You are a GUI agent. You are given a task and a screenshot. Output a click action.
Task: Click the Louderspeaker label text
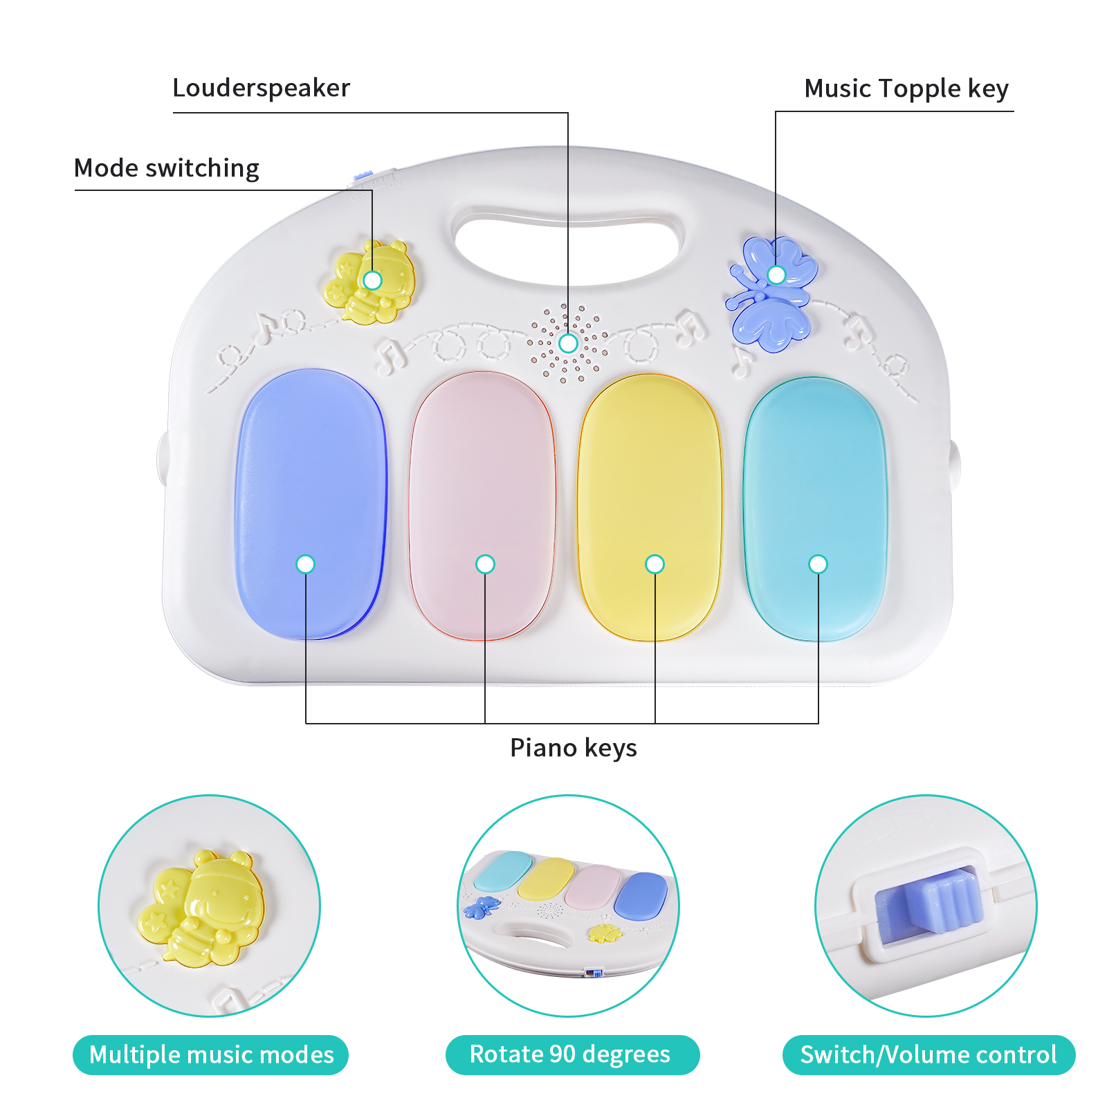click(x=261, y=89)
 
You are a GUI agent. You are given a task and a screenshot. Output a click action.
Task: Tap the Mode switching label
click(x=167, y=169)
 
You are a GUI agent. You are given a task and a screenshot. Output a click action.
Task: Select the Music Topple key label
click(x=906, y=89)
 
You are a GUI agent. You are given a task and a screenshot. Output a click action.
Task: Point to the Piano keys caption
click(x=573, y=748)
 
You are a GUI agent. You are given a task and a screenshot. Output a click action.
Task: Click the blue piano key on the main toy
click(x=311, y=504)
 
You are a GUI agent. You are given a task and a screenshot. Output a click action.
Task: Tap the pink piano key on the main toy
click(x=482, y=506)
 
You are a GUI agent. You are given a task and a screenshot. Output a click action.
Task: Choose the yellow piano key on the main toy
click(x=650, y=507)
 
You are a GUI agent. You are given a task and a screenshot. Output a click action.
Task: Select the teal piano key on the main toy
click(x=815, y=509)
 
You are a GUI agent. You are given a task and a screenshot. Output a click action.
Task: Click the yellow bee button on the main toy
click(x=369, y=282)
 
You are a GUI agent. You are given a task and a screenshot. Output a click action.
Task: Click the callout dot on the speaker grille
click(x=568, y=343)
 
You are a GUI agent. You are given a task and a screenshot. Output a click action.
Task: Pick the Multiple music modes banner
click(x=210, y=1055)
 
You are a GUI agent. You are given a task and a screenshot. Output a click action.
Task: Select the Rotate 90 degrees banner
click(x=572, y=1055)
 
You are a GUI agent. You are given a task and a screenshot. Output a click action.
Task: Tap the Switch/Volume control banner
click(x=928, y=1055)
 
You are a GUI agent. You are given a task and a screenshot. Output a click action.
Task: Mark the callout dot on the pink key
click(x=485, y=565)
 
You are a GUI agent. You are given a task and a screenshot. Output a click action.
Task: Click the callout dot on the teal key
click(x=818, y=565)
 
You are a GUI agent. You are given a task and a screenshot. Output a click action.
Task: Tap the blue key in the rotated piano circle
click(x=641, y=896)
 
